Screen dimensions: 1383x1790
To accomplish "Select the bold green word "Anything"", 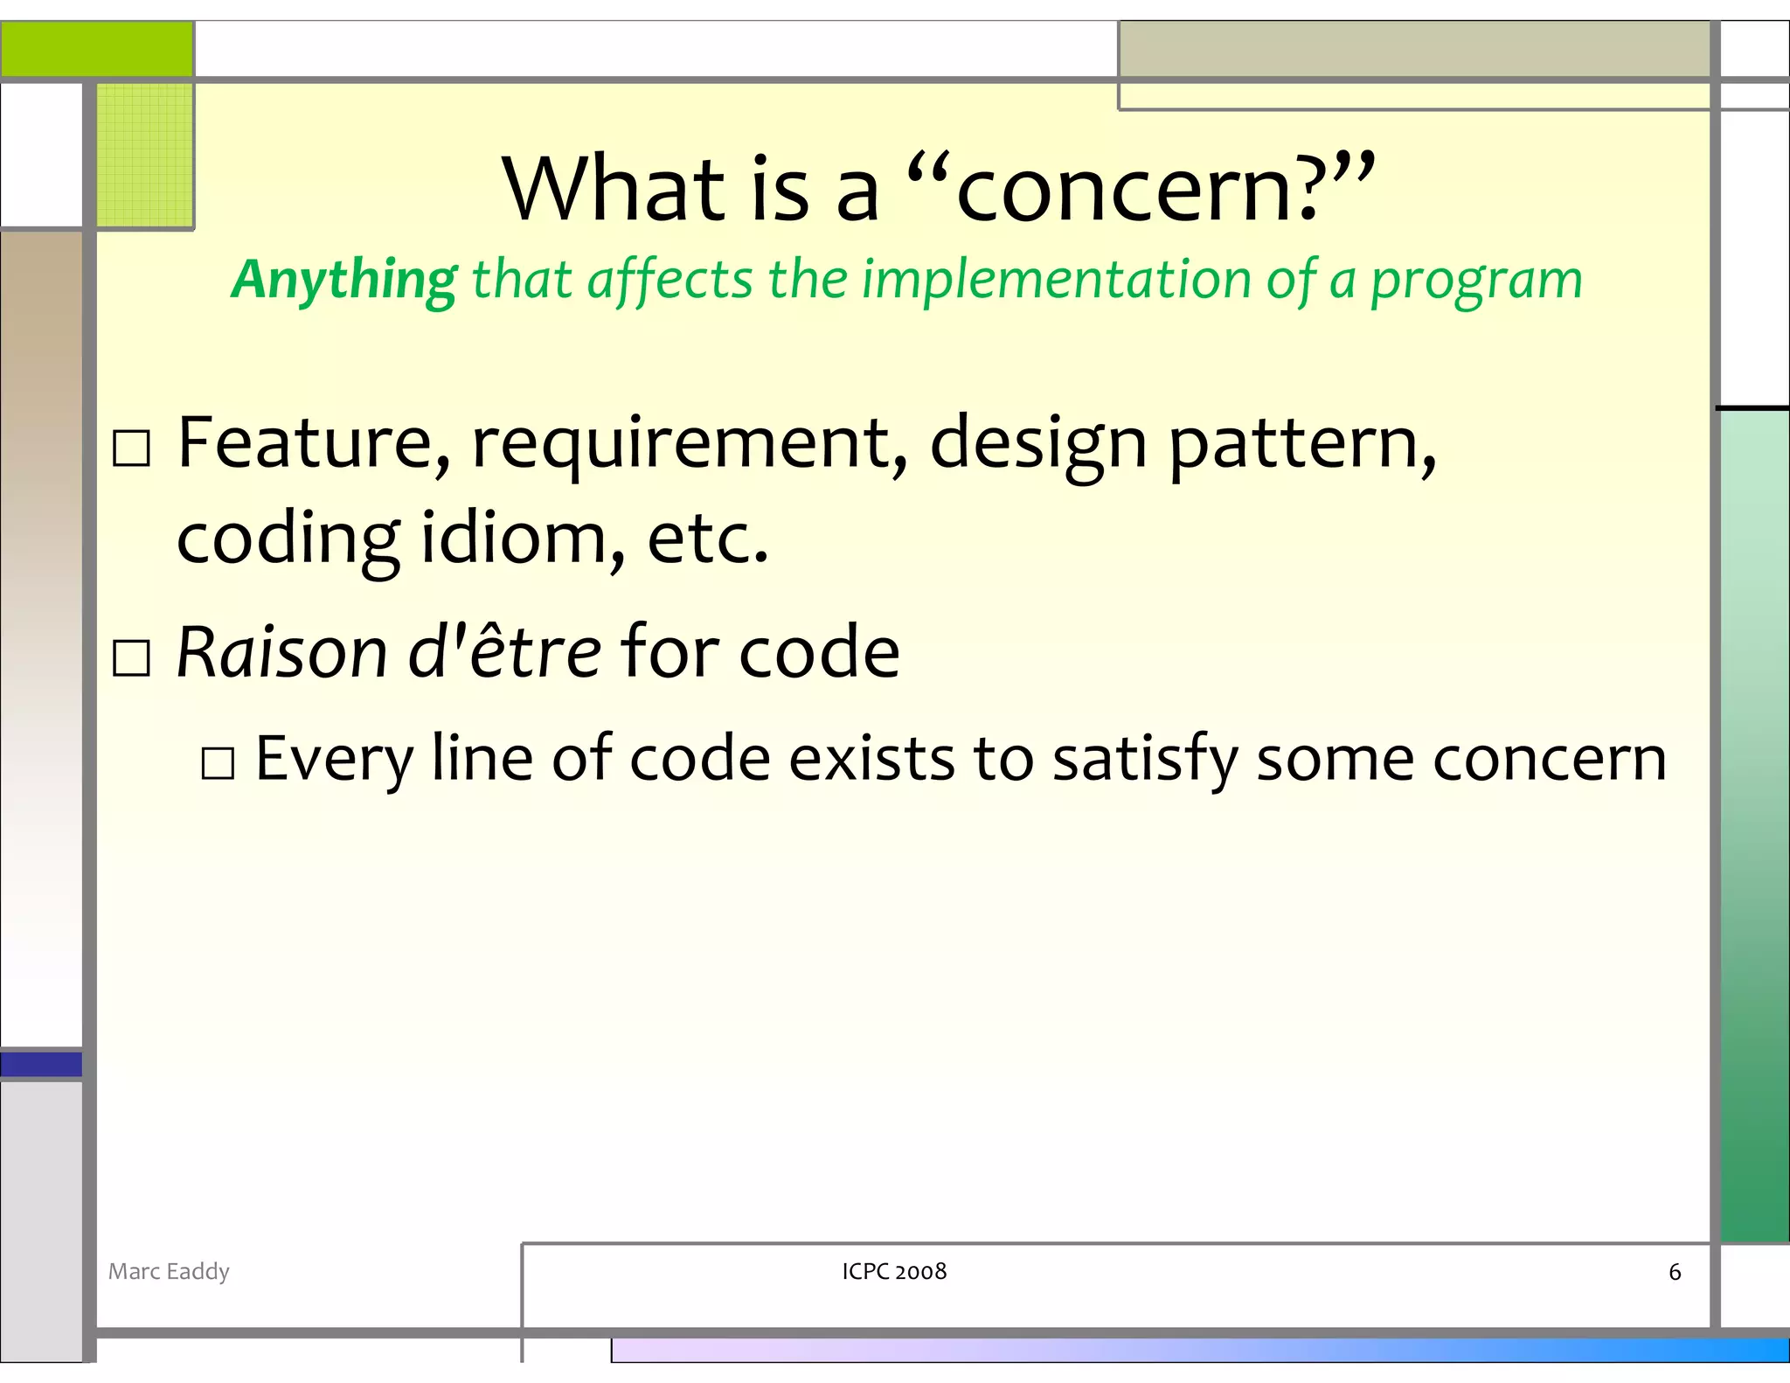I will click(x=343, y=280).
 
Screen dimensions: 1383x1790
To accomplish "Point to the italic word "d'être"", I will click(x=504, y=652).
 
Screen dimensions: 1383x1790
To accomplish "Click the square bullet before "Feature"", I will click(x=132, y=448).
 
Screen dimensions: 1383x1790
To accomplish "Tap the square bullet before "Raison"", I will click(x=132, y=657).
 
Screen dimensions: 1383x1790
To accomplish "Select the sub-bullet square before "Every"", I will click(x=218, y=762).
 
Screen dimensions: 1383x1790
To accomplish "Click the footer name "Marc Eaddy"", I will click(x=169, y=1271).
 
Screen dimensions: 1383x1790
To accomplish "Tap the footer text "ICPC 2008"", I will click(x=894, y=1271).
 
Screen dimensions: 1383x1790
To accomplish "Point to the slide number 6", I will click(x=1674, y=1272).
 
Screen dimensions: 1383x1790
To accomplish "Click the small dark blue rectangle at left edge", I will click(x=41, y=1064).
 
